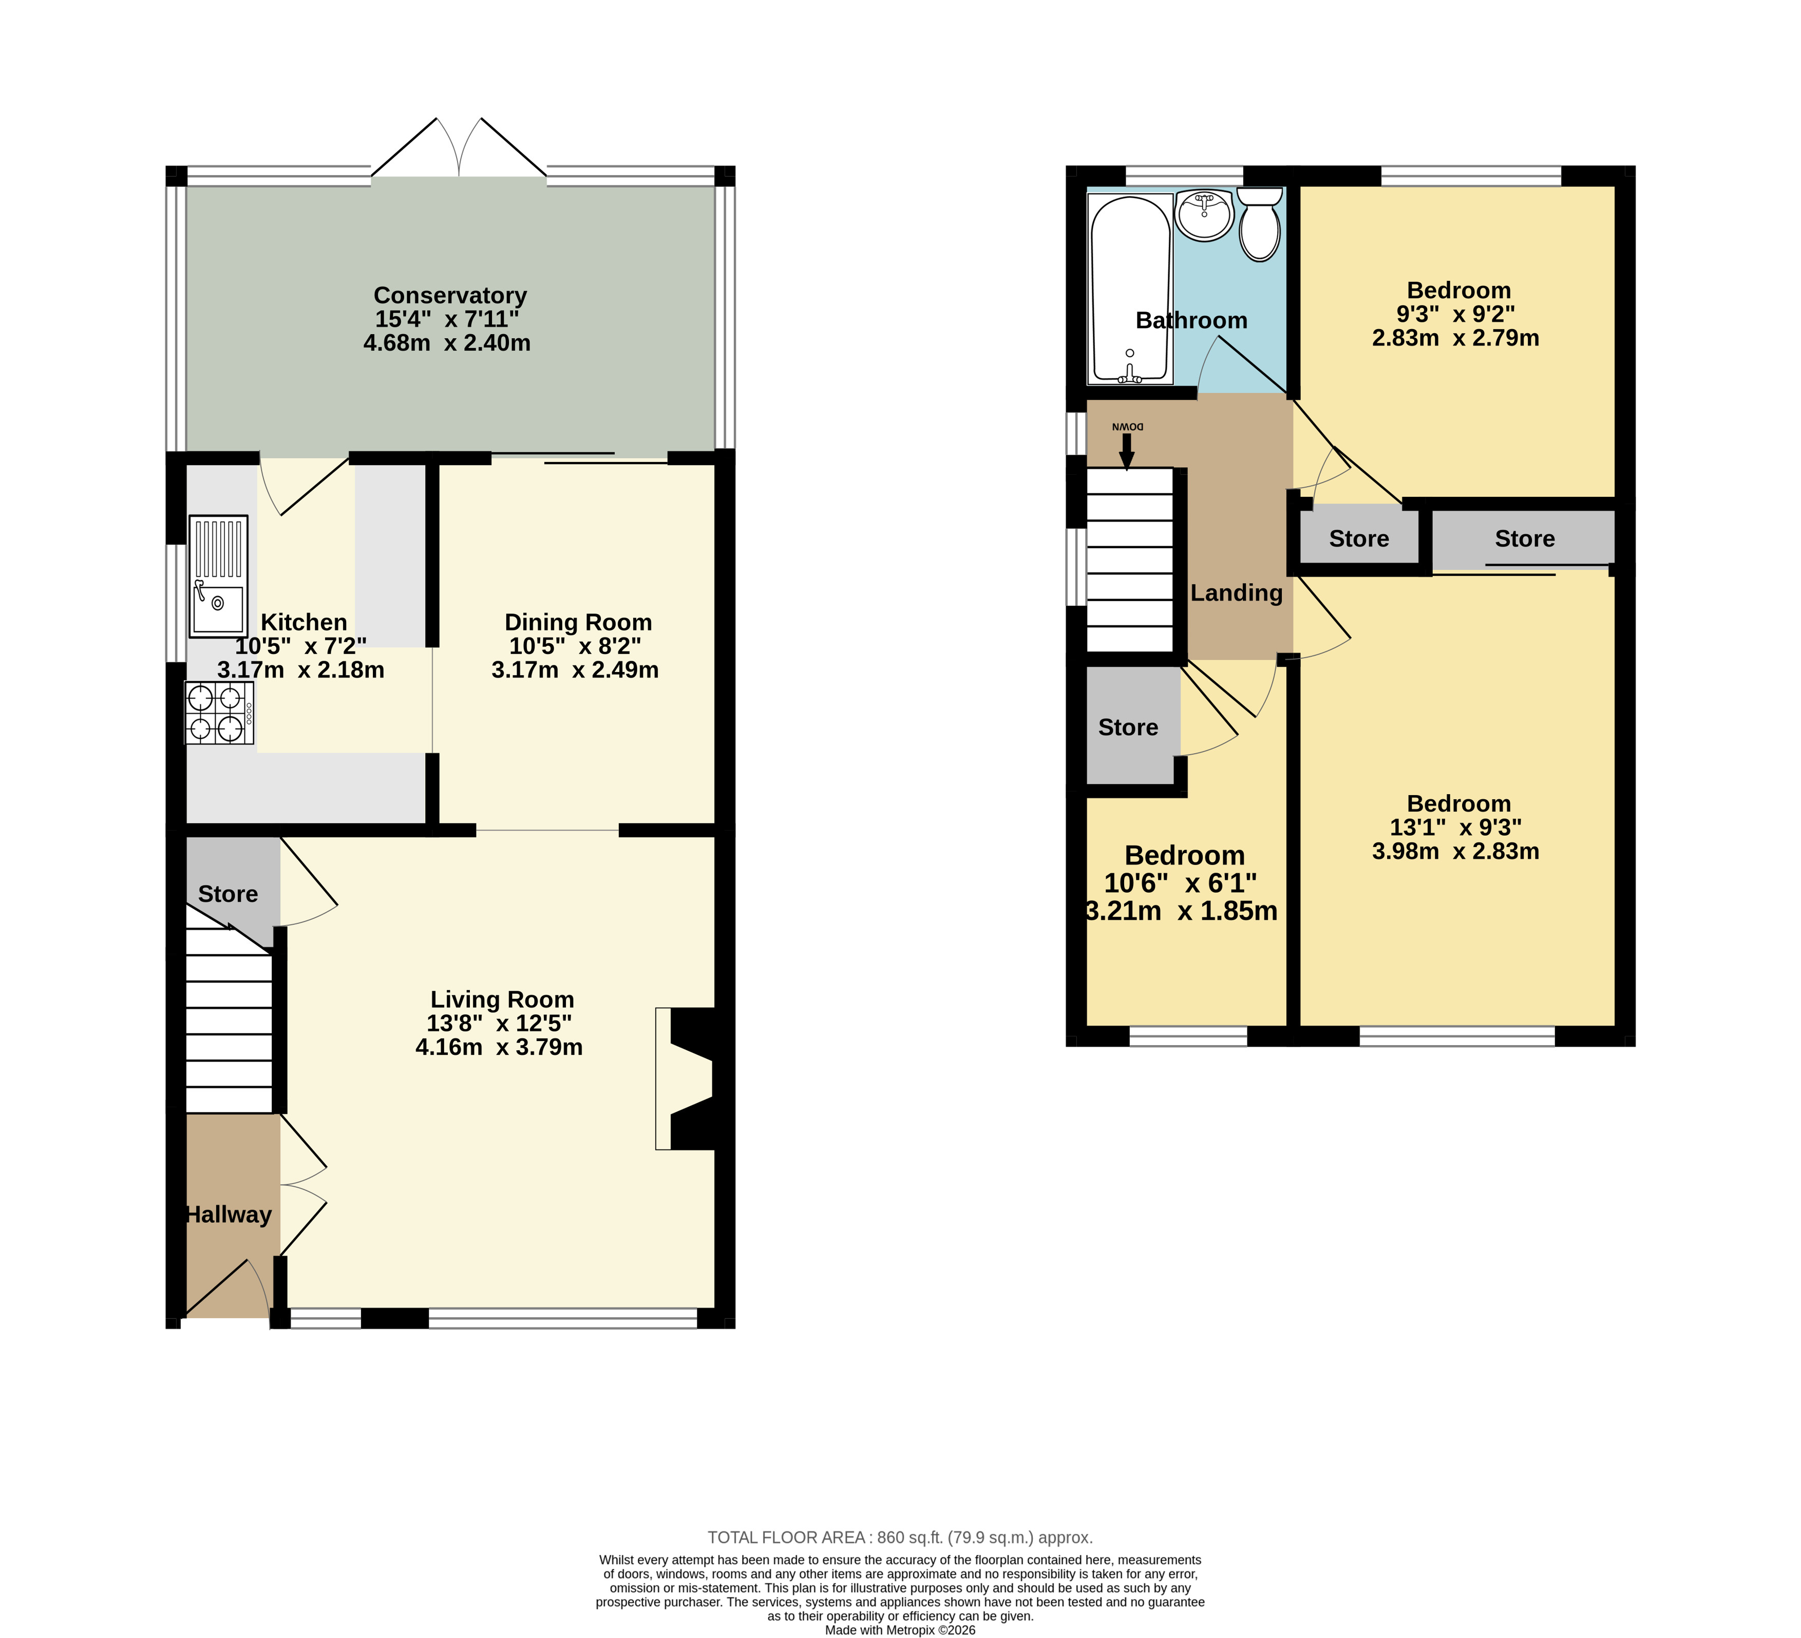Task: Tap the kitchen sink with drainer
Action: click(x=218, y=576)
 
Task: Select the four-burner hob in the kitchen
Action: click(x=219, y=712)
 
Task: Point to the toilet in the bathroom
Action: click(x=1260, y=223)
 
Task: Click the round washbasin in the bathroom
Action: click(x=1203, y=215)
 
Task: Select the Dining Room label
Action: click(x=578, y=623)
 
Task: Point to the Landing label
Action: click(x=1237, y=593)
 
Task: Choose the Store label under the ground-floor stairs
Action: click(x=228, y=894)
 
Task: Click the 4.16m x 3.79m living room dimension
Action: click(x=499, y=1047)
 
